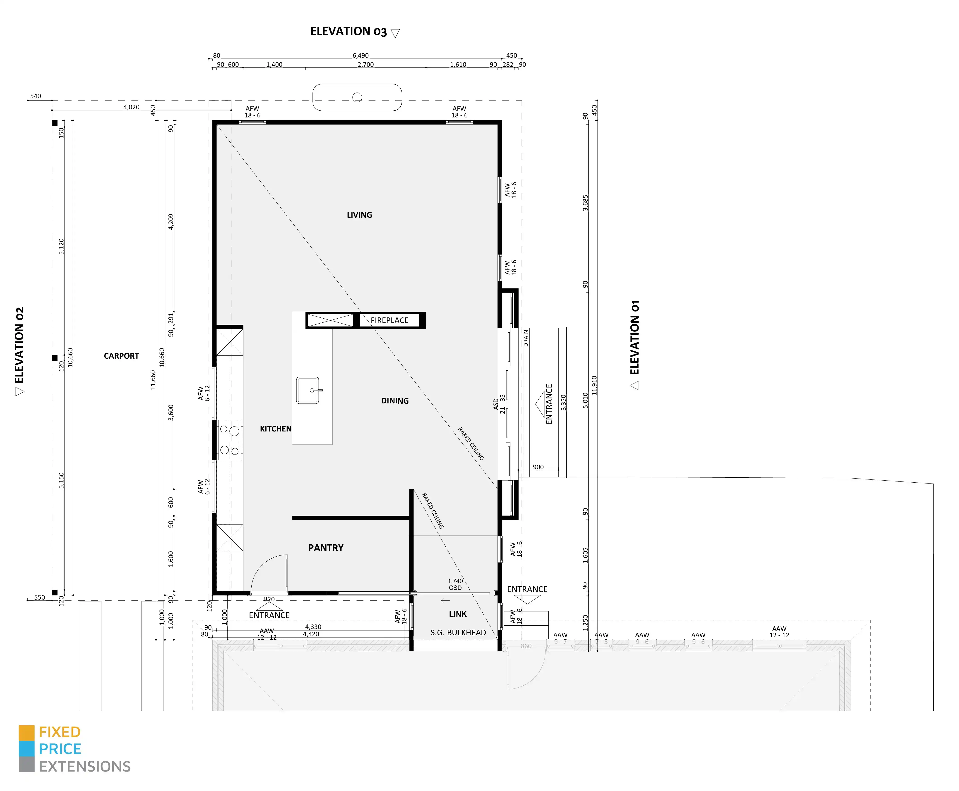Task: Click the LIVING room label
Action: pyautogui.click(x=359, y=215)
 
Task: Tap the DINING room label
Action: pyautogui.click(x=395, y=401)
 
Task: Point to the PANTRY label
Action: pyautogui.click(x=326, y=548)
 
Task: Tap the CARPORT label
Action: pyautogui.click(x=121, y=356)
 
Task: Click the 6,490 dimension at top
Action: pyautogui.click(x=360, y=56)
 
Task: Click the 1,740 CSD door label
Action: pyautogui.click(x=455, y=584)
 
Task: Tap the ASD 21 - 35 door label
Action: pyautogui.click(x=499, y=404)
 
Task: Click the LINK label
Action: pyautogui.click(x=458, y=614)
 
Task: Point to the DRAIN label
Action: pyautogui.click(x=526, y=338)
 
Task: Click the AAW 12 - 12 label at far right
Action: pyautogui.click(x=779, y=632)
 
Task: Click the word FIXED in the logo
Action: pyautogui.click(x=60, y=732)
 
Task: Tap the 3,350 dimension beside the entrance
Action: pyautogui.click(x=563, y=403)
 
